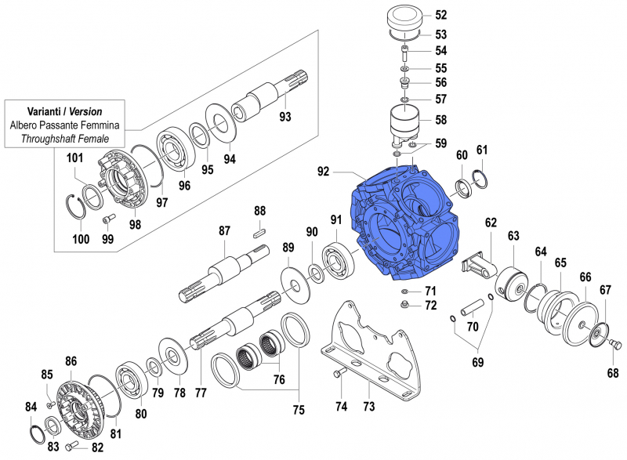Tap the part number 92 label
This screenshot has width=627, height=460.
click(x=325, y=171)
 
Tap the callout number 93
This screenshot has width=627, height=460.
click(x=285, y=118)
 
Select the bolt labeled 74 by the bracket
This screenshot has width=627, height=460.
click(x=339, y=374)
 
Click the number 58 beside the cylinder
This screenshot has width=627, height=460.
click(x=440, y=120)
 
